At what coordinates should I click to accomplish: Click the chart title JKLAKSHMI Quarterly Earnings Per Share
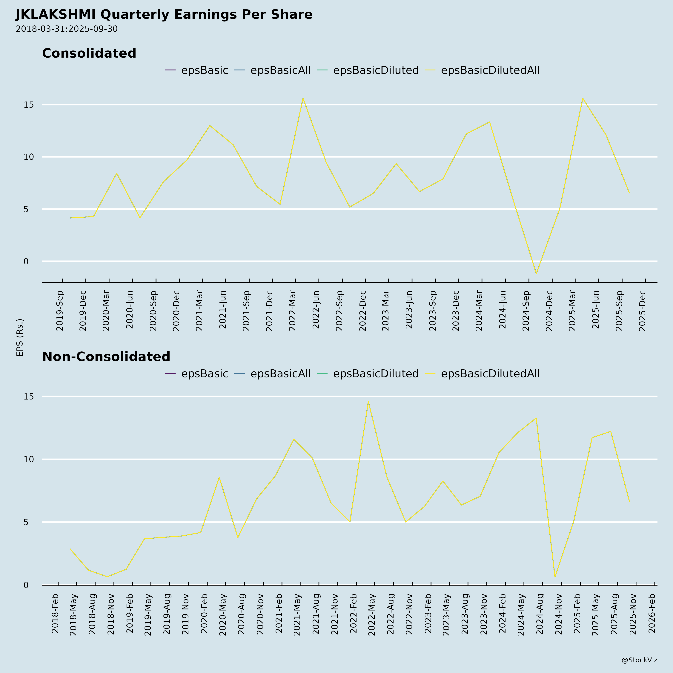[164, 15]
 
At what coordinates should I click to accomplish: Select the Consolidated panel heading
[89, 53]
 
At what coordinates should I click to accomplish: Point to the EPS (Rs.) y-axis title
[20, 337]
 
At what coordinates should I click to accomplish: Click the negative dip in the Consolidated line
[537, 273]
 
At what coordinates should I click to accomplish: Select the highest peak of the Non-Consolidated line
[368, 402]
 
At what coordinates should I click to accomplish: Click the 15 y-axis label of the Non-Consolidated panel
[29, 396]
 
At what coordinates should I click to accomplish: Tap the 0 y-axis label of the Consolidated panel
[26, 261]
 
